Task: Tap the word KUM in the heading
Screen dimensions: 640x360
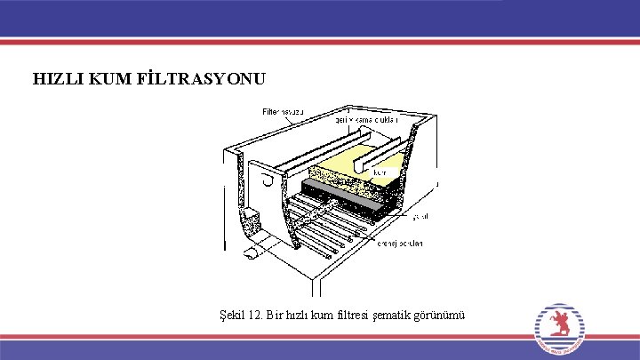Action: coord(109,79)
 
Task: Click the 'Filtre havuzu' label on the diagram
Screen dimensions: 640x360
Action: coord(284,112)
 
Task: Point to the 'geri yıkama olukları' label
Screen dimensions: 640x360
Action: coord(366,118)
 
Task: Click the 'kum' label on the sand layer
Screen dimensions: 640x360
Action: coord(379,173)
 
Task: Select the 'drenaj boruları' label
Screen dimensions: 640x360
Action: coord(401,243)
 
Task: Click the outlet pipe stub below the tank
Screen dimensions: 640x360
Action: coord(252,253)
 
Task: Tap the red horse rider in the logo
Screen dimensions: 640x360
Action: coord(560,323)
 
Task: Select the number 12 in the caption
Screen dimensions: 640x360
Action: coord(256,314)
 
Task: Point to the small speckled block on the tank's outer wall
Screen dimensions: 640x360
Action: coord(252,216)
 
